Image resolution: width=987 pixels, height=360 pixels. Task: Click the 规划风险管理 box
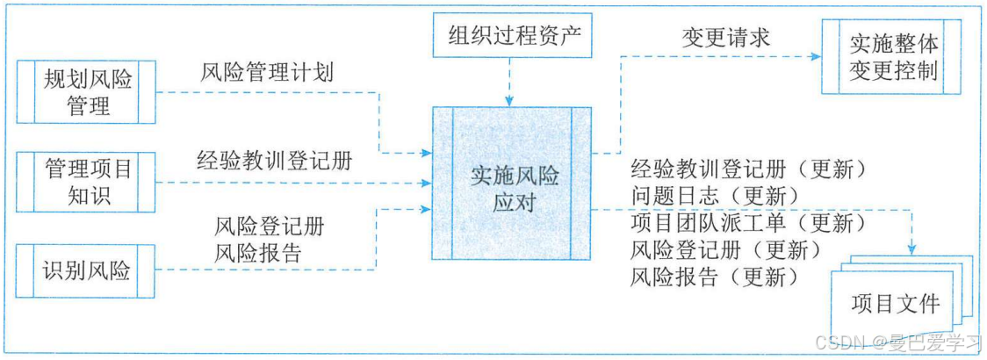pyautogui.click(x=87, y=92)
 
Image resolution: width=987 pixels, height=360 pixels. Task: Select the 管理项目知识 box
pyautogui.click(x=87, y=181)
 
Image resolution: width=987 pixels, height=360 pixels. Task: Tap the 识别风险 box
pyautogui.click(x=87, y=270)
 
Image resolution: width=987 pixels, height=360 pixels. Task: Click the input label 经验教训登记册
pyautogui.click(x=275, y=161)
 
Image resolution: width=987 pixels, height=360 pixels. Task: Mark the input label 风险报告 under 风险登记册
pyautogui.click(x=258, y=254)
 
